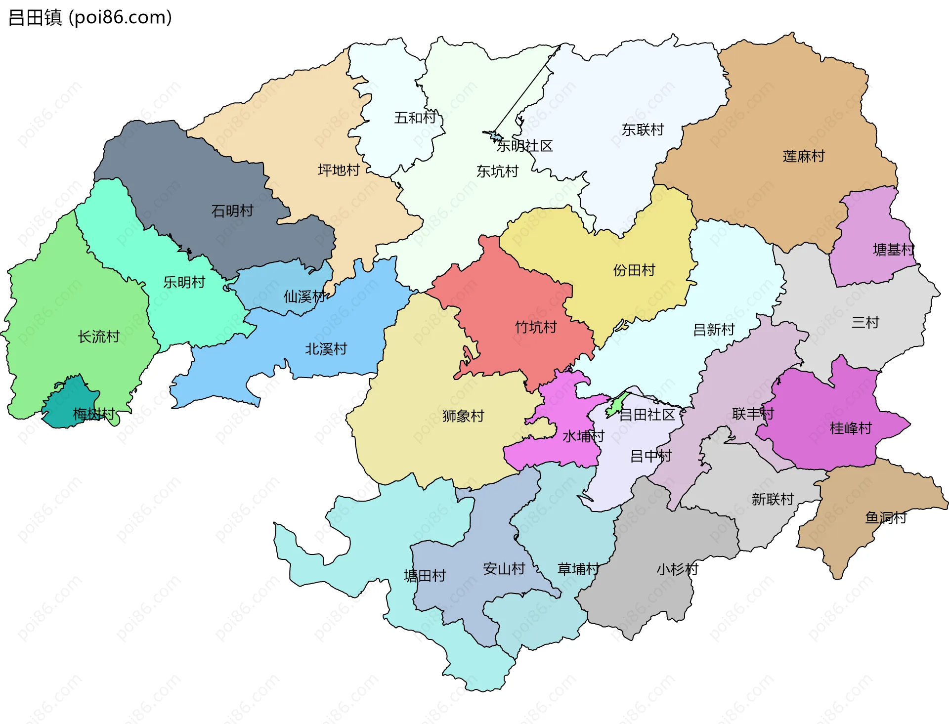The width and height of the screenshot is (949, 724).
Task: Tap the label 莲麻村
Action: click(804, 156)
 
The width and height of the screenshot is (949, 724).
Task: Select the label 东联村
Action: click(643, 130)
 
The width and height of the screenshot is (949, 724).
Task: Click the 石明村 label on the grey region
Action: click(232, 211)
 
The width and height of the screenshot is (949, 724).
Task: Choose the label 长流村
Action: click(99, 337)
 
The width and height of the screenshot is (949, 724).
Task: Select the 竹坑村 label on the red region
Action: click(536, 327)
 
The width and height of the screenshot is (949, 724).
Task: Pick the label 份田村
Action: click(634, 270)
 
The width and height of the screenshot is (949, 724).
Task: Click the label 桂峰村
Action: click(851, 428)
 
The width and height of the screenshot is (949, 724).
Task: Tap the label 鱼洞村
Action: click(886, 517)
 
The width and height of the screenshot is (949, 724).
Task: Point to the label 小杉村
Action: click(677, 569)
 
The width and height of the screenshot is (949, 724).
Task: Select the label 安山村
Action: click(504, 568)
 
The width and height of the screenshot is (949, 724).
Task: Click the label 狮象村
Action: click(463, 416)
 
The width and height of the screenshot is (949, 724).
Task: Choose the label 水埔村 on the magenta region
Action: click(583, 436)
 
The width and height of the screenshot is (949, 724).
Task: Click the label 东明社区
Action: click(524, 146)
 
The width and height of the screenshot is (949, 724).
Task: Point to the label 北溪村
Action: click(326, 349)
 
